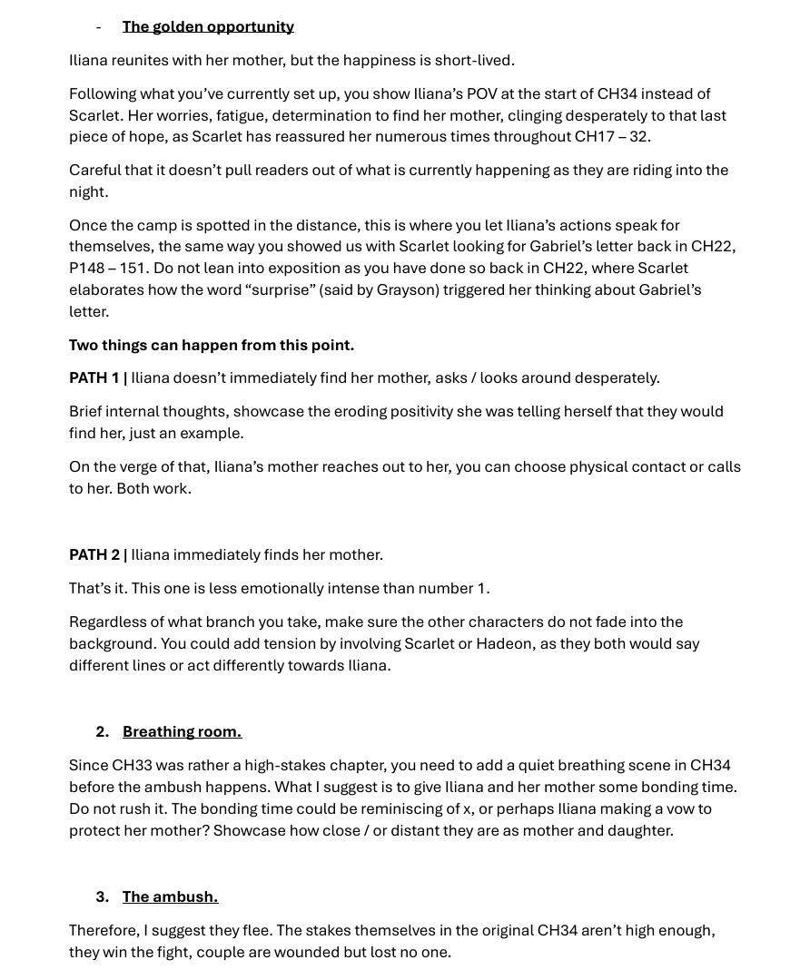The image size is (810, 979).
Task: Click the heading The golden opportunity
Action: tap(208, 26)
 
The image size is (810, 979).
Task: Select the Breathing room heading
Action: tap(182, 731)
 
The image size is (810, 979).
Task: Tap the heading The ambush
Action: tap(170, 896)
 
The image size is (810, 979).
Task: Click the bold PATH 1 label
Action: tap(95, 377)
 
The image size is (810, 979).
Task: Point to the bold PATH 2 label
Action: tap(95, 554)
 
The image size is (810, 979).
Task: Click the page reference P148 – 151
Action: tap(107, 268)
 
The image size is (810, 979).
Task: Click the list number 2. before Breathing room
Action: tap(102, 731)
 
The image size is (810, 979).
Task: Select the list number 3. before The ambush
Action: tap(102, 896)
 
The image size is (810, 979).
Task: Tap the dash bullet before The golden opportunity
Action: tap(99, 26)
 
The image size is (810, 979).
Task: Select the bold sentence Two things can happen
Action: tap(211, 345)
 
